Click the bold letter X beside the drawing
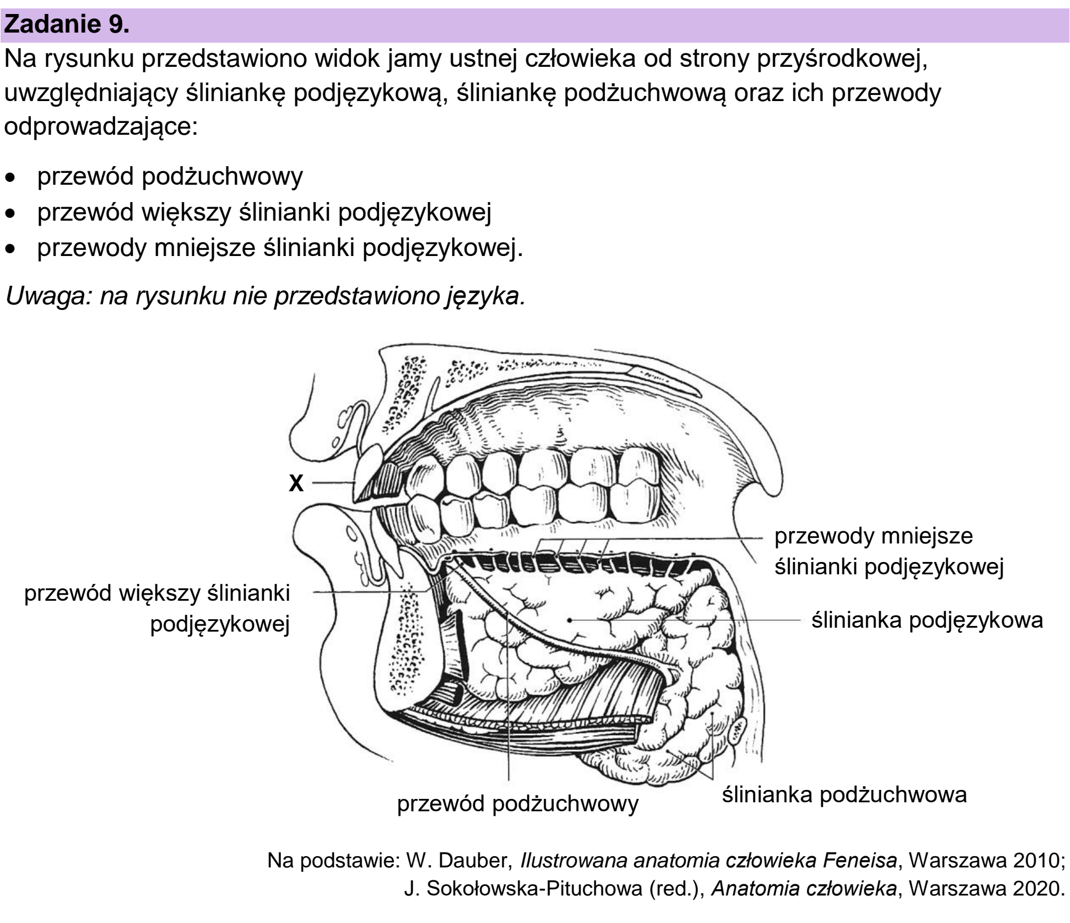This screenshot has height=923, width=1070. [296, 483]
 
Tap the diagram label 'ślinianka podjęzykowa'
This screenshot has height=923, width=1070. [927, 621]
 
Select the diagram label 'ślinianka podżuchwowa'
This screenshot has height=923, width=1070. [844, 795]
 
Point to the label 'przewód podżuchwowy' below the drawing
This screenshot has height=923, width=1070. [518, 804]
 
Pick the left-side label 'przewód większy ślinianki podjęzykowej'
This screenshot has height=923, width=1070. [157, 609]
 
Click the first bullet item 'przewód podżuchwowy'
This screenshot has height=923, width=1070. [170, 176]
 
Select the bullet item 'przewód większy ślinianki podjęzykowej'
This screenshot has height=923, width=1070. [264, 213]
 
